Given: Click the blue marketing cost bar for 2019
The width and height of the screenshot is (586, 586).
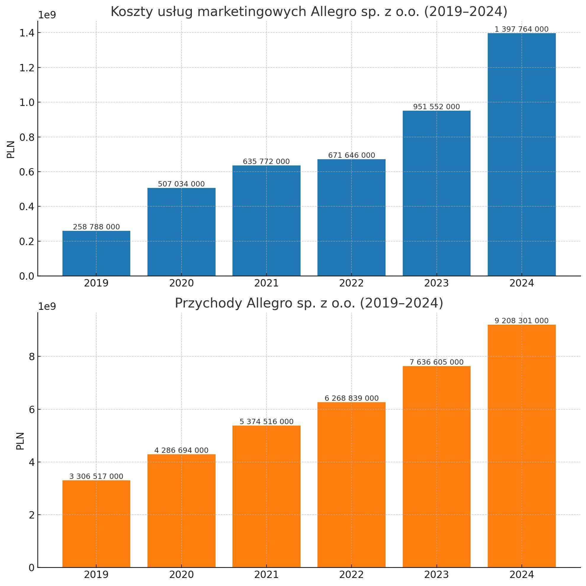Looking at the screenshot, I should click(x=96, y=253).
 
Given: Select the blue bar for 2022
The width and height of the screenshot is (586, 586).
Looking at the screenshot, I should click(x=351, y=218).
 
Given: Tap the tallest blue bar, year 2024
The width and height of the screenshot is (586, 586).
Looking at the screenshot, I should click(x=521, y=154).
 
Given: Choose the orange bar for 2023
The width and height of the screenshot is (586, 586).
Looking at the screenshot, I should click(x=436, y=467).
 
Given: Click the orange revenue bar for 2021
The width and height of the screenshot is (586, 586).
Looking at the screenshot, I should click(x=266, y=497).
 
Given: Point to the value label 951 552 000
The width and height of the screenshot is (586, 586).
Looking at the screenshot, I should click(x=436, y=107).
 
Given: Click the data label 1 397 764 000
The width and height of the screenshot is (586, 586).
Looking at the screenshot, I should click(x=521, y=29).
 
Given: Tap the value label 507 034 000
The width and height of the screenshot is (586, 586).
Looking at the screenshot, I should click(x=182, y=184).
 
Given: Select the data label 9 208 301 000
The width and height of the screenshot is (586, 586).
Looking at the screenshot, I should click(x=521, y=321).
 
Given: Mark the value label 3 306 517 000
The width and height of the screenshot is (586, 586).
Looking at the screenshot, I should click(x=96, y=476).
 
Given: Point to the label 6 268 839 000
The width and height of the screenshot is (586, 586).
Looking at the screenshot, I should click(x=351, y=398).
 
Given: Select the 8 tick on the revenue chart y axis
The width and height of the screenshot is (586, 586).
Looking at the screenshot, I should click(x=32, y=357).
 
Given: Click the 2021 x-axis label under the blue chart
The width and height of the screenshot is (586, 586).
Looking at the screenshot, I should click(x=266, y=283).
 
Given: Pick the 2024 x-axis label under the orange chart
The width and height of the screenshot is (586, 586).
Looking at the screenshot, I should click(x=521, y=575).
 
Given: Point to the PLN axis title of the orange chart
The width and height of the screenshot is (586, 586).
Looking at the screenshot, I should click(x=20, y=441).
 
